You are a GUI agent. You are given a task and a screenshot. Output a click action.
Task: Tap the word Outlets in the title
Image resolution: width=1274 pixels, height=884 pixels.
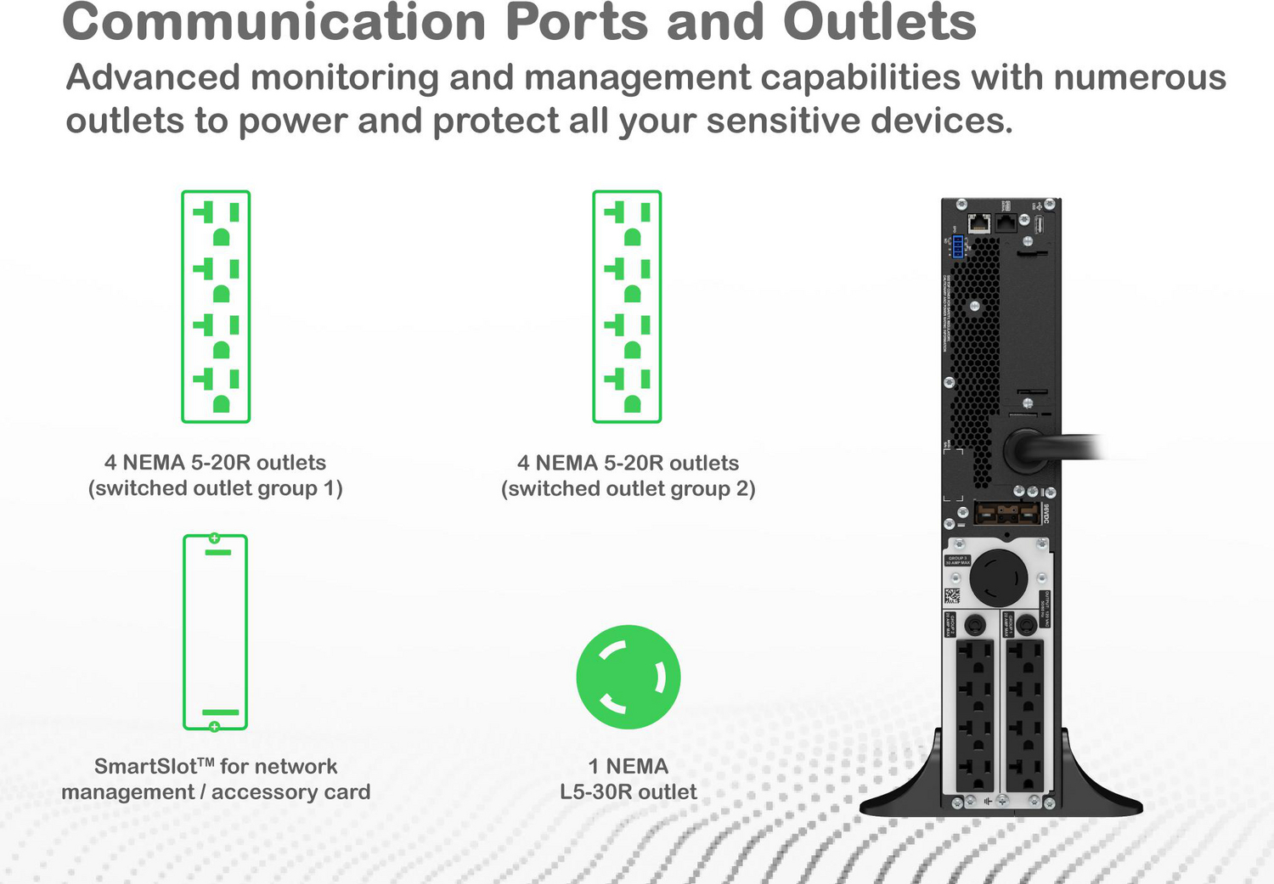[x=879, y=22]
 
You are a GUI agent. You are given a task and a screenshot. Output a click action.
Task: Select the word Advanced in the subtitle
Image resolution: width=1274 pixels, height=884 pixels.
[x=153, y=78]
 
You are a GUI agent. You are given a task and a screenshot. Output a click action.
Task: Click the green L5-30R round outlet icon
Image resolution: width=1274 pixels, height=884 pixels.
[x=628, y=677]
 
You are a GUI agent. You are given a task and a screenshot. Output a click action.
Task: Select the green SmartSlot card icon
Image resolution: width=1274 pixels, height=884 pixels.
[x=215, y=632]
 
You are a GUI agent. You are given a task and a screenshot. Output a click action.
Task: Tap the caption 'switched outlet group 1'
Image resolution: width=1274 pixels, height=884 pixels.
[x=216, y=488]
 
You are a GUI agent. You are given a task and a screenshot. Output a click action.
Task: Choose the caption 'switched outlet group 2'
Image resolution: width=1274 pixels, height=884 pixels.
[x=628, y=489]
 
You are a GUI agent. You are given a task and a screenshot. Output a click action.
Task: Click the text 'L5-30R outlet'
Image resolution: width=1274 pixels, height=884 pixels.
[x=628, y=791]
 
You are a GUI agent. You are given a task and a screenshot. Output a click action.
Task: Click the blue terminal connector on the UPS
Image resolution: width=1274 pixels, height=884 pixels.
[x=958, y=247]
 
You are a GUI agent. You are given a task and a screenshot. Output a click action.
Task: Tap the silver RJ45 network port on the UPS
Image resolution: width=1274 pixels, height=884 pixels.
[x=979, y=223]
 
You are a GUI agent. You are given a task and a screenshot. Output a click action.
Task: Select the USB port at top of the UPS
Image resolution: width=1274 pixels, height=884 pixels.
[x=1038, y=224]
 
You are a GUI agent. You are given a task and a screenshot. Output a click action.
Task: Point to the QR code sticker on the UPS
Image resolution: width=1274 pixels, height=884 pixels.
[x=952, y=595]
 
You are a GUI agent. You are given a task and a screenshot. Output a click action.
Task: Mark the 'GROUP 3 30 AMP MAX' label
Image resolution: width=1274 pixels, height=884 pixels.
[x=957, y=560]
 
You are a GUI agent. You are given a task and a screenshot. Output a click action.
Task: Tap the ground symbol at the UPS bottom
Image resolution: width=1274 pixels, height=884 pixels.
[x=987, y=801]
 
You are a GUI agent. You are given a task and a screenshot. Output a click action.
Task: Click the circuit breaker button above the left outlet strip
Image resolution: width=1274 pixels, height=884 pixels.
[x=975, y=625]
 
